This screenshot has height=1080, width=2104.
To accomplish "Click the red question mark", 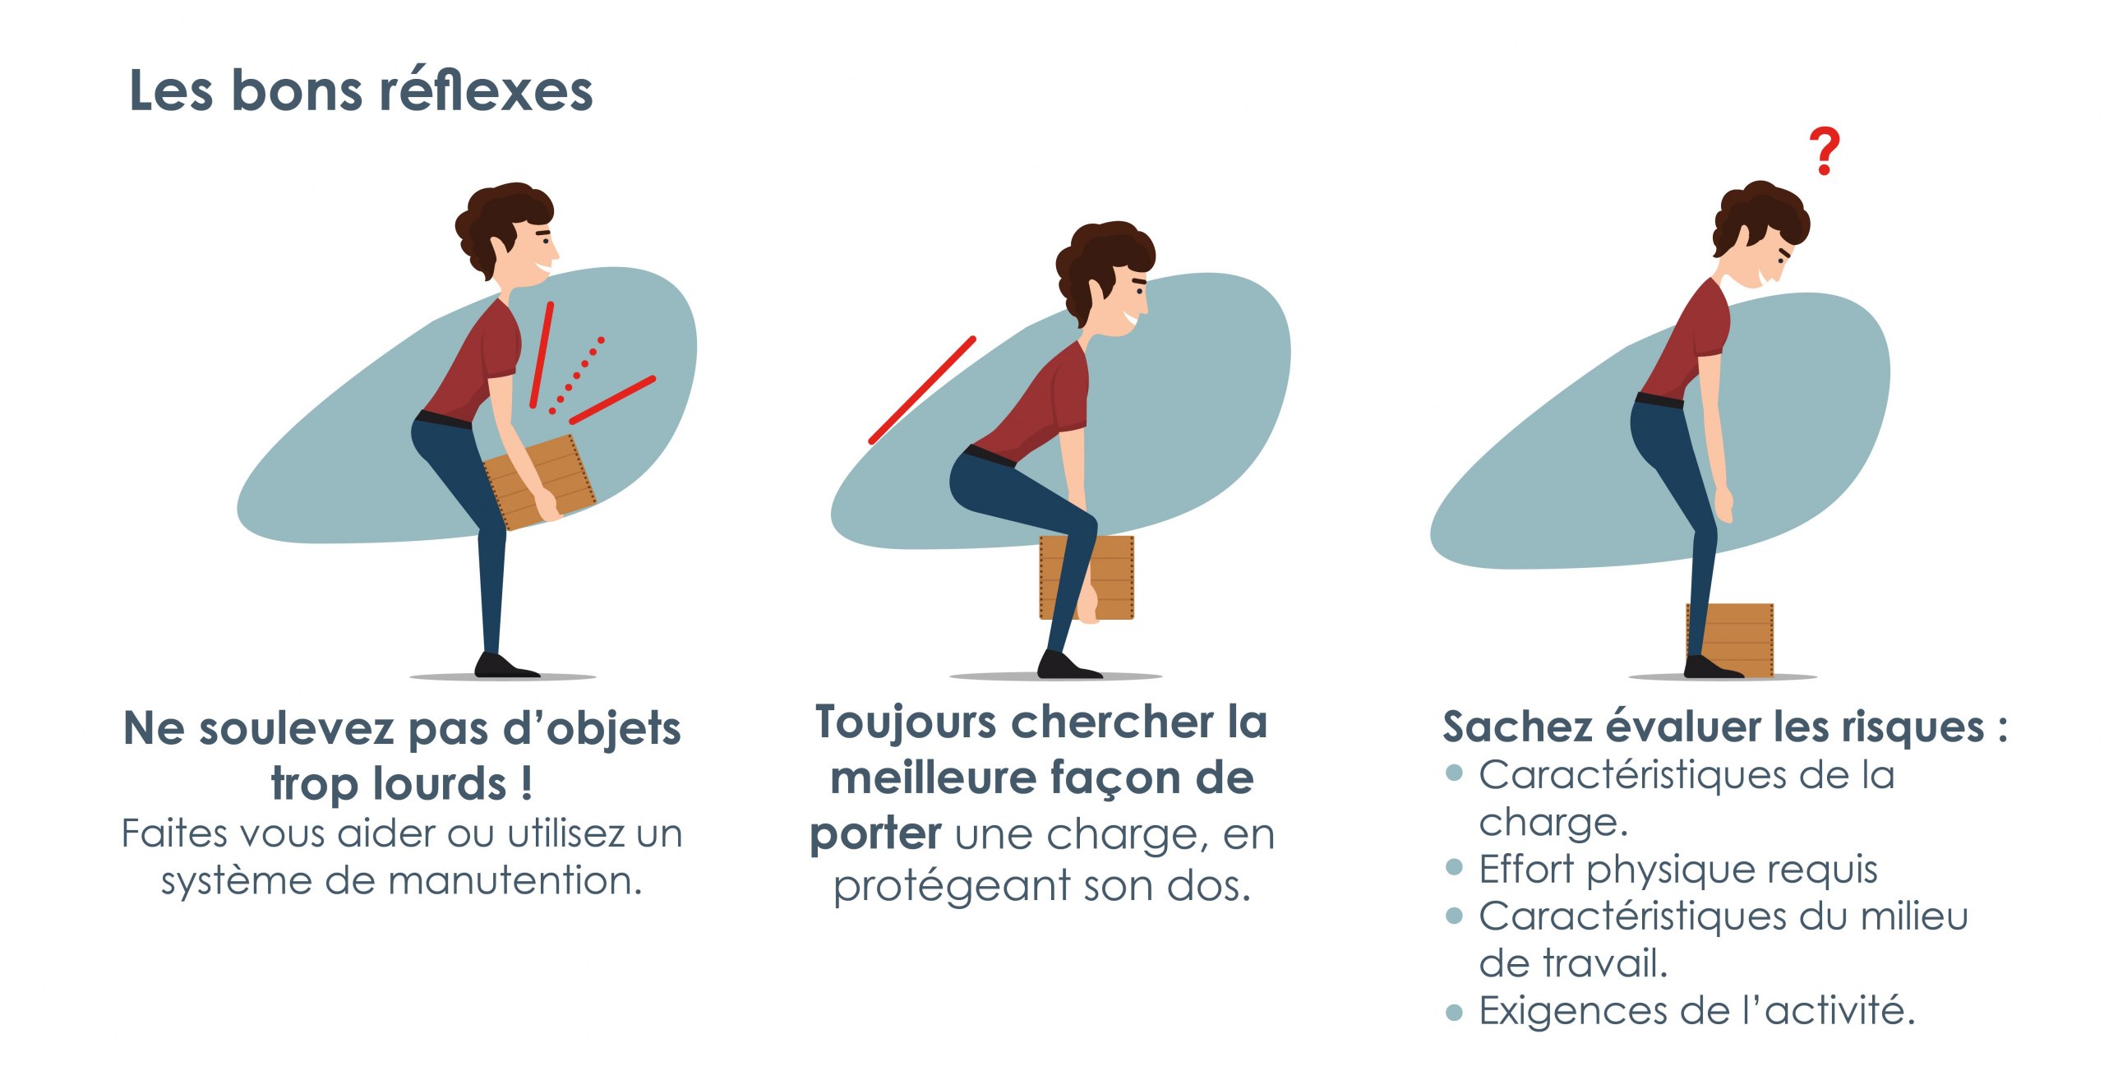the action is [1824, 151].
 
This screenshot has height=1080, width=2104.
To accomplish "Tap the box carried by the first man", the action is [539, 482].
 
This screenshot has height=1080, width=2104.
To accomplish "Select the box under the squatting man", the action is [1087, 577].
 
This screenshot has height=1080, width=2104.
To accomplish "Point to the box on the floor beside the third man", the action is [1730, 640].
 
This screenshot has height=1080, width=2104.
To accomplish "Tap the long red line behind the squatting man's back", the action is [922, 390].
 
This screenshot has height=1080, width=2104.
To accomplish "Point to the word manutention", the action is [515, 880].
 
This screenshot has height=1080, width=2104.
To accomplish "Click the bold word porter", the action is [875, 834].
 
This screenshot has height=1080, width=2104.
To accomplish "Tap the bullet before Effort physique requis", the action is [1454, 867].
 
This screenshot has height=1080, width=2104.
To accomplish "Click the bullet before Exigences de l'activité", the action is [1454, 1012].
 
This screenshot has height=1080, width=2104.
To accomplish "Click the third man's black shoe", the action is [1713, 667].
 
